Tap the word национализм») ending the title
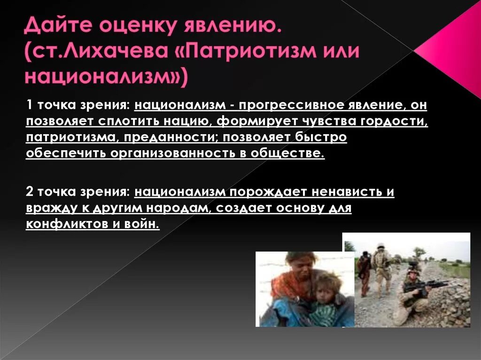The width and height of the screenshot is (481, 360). pyautogui.click(x=106, y=77)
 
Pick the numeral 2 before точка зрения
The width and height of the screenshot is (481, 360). pyautogui.click(x=30, y=192)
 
